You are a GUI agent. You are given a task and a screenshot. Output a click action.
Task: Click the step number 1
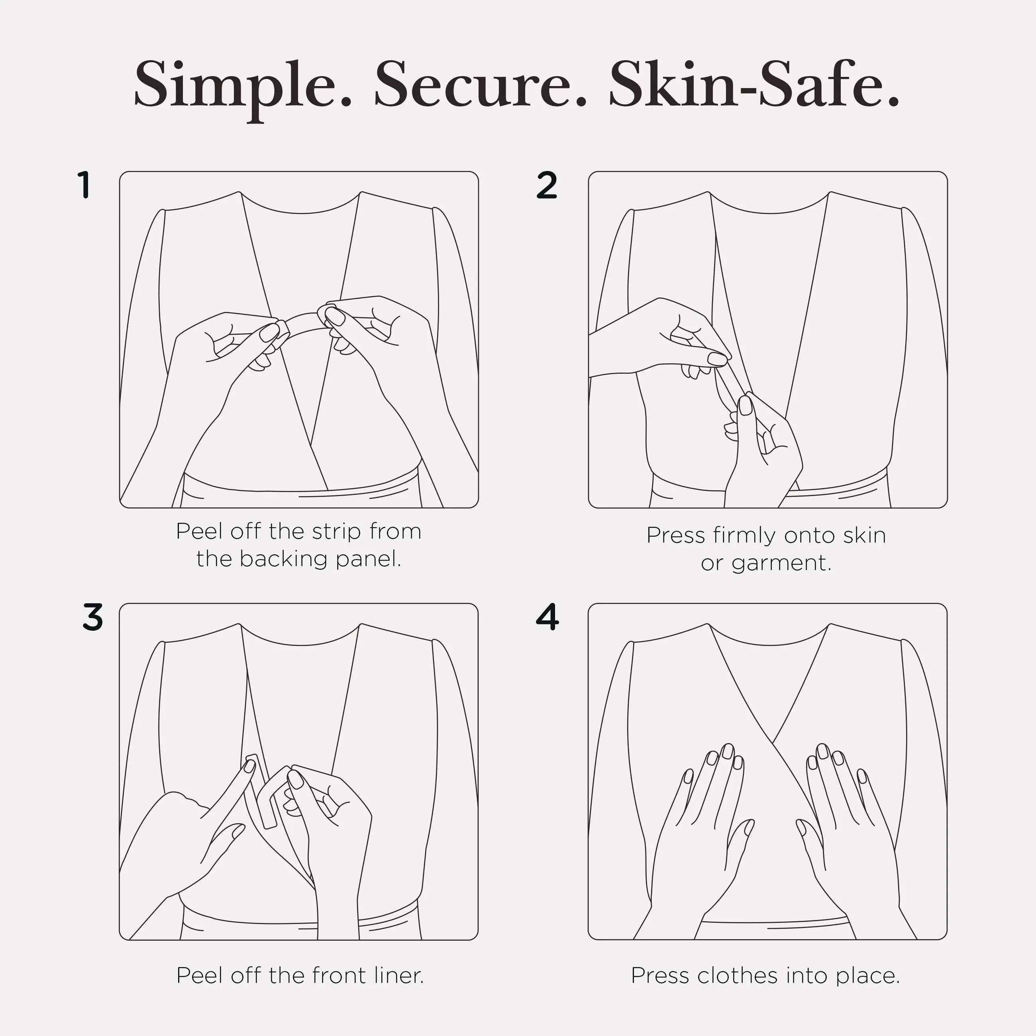click(84, 185)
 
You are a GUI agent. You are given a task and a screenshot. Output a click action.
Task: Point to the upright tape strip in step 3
click(261, 791)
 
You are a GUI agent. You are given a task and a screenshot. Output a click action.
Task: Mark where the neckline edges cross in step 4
click(773, 743)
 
